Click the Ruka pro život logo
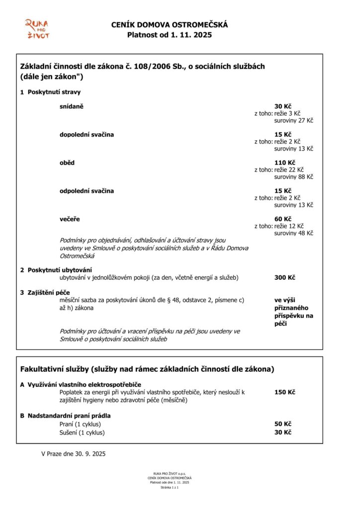tap(37, 28)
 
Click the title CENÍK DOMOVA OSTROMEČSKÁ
tap(170, 25)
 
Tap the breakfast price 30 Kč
tap(283, 106)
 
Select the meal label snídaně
tap(72, 106)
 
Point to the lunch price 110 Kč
tap(285, 163)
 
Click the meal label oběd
tap(68, 163)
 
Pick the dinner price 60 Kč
tap(283, 219)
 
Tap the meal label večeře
tap(70, 219)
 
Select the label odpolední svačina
tap(87, 191)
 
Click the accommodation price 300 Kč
tap(285, 277)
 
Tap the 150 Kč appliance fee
tap(285, 392)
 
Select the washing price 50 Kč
tap(283, 424)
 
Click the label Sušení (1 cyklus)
tap(82, 432)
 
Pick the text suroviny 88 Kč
tap(294, 176)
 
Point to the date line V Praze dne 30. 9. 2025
tap(73, 453)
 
